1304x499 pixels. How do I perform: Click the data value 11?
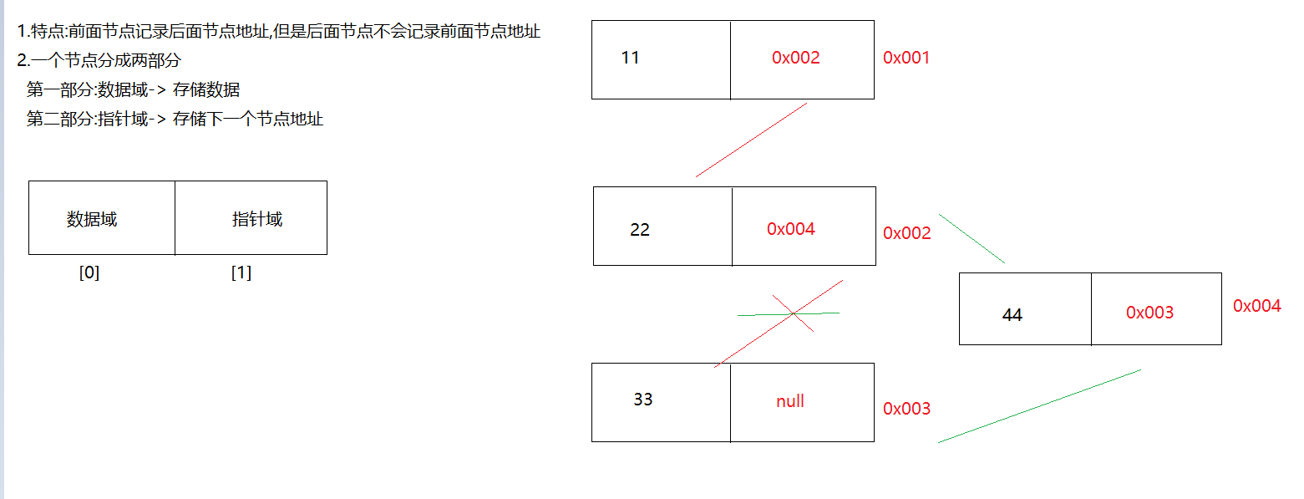pos(630,58)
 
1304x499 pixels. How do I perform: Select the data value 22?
pos(639,229)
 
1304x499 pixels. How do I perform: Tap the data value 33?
pos(642,400)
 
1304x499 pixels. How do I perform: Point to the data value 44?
pos(1012,315)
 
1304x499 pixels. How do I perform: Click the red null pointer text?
pos(790,400)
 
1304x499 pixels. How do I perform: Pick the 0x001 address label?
pos(906,58)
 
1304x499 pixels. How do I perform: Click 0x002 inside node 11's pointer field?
pos(795,58)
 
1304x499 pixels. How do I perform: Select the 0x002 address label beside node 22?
pos(906,233)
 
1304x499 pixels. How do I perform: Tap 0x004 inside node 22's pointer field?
pos(790,229)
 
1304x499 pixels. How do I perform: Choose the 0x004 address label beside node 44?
pos(1256,306)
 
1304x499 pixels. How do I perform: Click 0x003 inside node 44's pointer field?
pos(1149,313)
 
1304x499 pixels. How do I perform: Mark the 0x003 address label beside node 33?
pos(906,409)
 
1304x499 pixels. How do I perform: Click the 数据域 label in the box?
pos(91,219)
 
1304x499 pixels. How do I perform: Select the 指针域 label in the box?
pos(256,219)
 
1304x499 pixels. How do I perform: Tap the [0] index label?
pos(89,272)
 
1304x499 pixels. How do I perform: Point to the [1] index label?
pos(241,272)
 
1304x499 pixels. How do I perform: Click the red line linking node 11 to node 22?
pos(751,140)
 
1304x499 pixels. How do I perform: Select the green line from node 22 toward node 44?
pos(972,239)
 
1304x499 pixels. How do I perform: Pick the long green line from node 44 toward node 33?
pos(1039,406)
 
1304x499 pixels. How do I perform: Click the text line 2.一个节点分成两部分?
pos(99,60)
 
